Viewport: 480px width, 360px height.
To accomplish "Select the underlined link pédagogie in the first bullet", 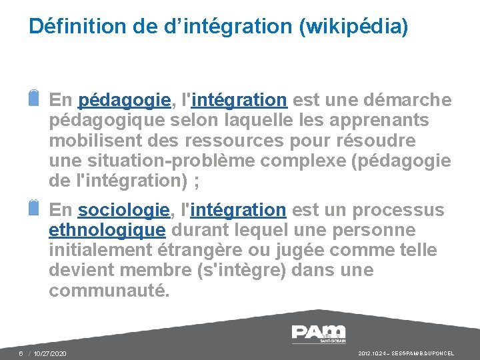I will (124, 101).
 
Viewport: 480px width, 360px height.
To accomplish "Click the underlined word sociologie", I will (123, 210).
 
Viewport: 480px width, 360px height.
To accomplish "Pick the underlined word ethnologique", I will (107, 231).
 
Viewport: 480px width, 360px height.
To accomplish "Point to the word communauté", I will (109, 291).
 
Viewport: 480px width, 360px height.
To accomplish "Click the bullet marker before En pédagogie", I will (35, 97).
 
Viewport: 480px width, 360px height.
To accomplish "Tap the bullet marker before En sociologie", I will (35, 207).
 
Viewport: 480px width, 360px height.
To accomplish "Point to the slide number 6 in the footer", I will (21, 353).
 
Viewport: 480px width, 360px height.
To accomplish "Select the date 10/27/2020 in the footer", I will (50, 353).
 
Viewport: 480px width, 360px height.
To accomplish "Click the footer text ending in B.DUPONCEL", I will (415, 353).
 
